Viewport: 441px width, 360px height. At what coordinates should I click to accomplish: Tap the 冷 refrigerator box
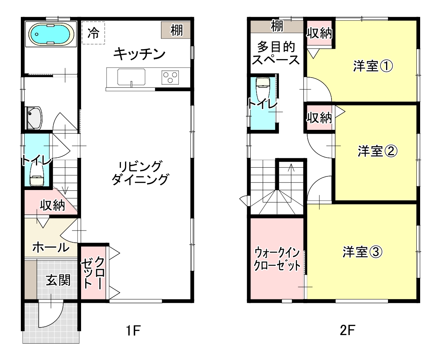pyautogui.click(x=93, y=33)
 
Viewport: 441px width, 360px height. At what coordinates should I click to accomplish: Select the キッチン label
pyautogui.click(x=139, y=54)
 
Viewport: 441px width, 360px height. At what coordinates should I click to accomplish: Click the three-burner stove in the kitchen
pyautogui.click(x=170, y=77)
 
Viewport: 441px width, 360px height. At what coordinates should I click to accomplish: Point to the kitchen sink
pyautogui.click(x=131, y=77)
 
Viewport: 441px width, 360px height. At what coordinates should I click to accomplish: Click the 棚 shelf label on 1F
pyautogui.click(x=176, y=30)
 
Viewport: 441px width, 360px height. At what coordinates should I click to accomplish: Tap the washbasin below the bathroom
pyautogui.click(x=34, y=118)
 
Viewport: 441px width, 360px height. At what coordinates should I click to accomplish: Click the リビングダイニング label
pyautogui.click(x=140, y=173)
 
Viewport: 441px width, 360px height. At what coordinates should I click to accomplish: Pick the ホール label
pyautogui.click(x=51, y=248)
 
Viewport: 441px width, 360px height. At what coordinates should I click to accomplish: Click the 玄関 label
pyautogui.click(x=58, y=280)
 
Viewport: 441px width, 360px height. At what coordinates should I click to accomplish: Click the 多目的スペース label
pyautogui.click(x=276, y=53)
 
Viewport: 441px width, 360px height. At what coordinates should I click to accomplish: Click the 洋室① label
pyautogui.click(x=373, y=66)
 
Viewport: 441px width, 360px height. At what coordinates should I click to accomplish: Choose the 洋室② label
pyautogui.click(x=378, y=151)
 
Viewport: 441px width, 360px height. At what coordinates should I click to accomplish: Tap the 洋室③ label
pyautogui.click(x=363, y=252)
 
